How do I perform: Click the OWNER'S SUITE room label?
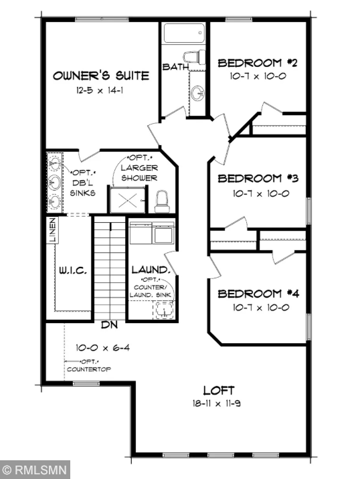[100, 76]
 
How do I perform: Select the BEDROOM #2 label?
[258, 64]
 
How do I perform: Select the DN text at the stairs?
[109, 326]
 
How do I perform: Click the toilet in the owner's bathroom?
[161, 200]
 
